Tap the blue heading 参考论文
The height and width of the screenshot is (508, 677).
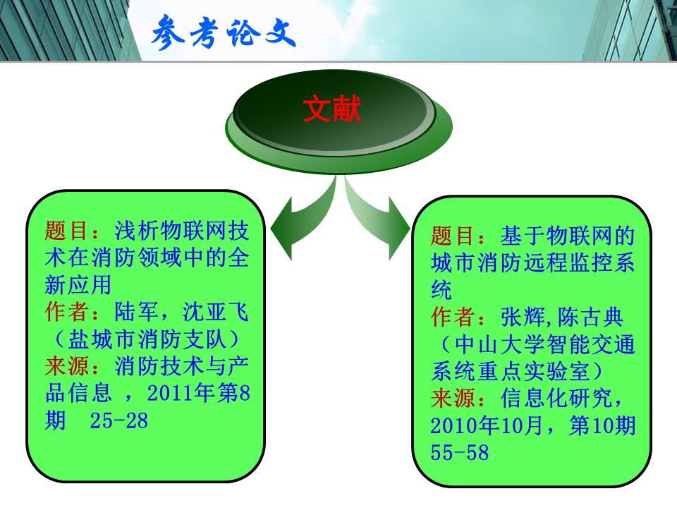(x=224, y=32)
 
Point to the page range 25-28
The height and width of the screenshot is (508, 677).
(x=118, y=421)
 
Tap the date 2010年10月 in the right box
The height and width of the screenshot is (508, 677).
(x=486, y=425)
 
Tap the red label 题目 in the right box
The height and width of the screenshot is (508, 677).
(x=453, y=236)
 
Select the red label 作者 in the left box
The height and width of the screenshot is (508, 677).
(x=67, y=311)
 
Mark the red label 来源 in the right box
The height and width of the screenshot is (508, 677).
(x=453, y=398)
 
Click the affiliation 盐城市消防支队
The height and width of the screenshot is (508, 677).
(x=147, y=339)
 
